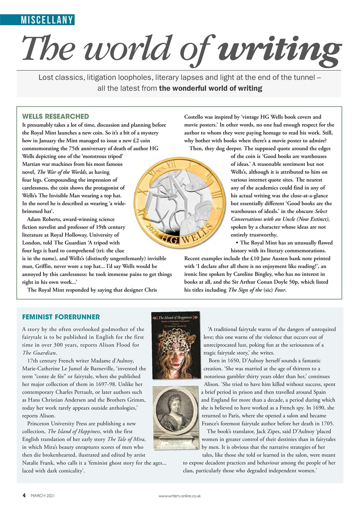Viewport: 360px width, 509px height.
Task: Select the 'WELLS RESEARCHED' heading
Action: pyautogui.click(x=55, y=117)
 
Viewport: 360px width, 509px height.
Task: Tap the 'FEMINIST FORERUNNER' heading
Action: pyautogui.click(x=61, y=317)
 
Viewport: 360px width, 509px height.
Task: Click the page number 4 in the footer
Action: pyautogui.click(x=24, y=495)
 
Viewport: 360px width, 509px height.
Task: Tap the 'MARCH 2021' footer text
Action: pyautogui.click(x=43, y=496)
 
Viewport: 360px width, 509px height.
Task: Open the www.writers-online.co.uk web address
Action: pyautogui.click(x=180, y=496)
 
